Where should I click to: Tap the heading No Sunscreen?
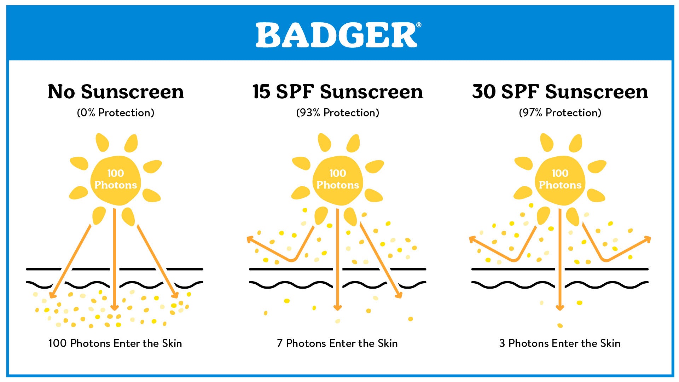[116, 92]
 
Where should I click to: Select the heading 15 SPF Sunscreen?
[337, 92]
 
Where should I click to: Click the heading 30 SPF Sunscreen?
[560, 92]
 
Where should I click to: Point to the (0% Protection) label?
[116, 113]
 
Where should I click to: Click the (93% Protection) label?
[337, 113]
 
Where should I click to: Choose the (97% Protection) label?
[560, 113]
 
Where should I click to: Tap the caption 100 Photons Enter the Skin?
[115, 343]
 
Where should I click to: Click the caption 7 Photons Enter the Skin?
[337, 343]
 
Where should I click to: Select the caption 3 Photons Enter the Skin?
[559, 343]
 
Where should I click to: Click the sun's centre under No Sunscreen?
[116, 180]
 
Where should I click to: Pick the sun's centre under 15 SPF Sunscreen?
[338, 180]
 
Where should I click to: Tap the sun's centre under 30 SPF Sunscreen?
[560, 180]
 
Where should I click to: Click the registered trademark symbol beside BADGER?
[419, 25]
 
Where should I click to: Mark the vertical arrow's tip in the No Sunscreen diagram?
[114, 308]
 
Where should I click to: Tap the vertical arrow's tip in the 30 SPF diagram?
[559, 308]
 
